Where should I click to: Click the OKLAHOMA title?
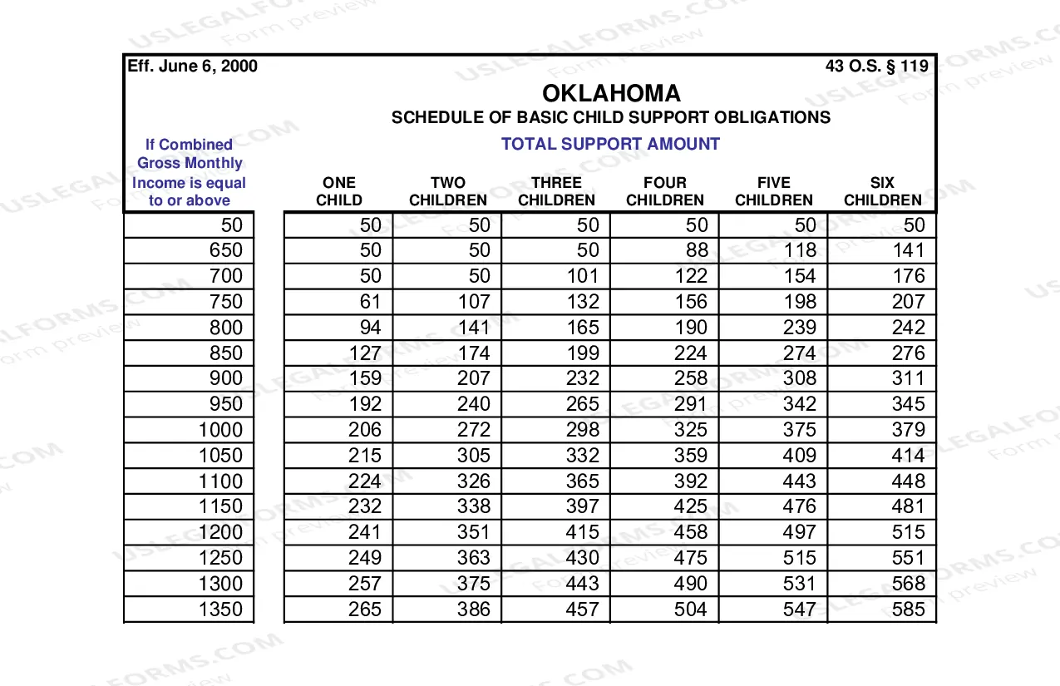point(611,93)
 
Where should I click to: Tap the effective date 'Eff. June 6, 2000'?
point(192,67)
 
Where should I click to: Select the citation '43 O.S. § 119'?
point(876,67)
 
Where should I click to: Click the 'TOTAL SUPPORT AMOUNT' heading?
point(610,144)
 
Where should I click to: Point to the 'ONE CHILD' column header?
point(339,191)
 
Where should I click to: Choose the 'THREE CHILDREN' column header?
point(556,191)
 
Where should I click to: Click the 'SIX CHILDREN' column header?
point(882,191)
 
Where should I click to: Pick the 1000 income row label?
point(221,430)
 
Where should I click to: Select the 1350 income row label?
point(221,610)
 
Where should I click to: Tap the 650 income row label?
point(226,250)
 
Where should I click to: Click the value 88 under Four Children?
point(697,250)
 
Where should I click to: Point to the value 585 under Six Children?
point(908,610)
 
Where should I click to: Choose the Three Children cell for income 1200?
point(582,532)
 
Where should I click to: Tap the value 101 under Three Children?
point(582,276)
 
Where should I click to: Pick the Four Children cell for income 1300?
point(691,584)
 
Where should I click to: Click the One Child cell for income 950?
point(366,404)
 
